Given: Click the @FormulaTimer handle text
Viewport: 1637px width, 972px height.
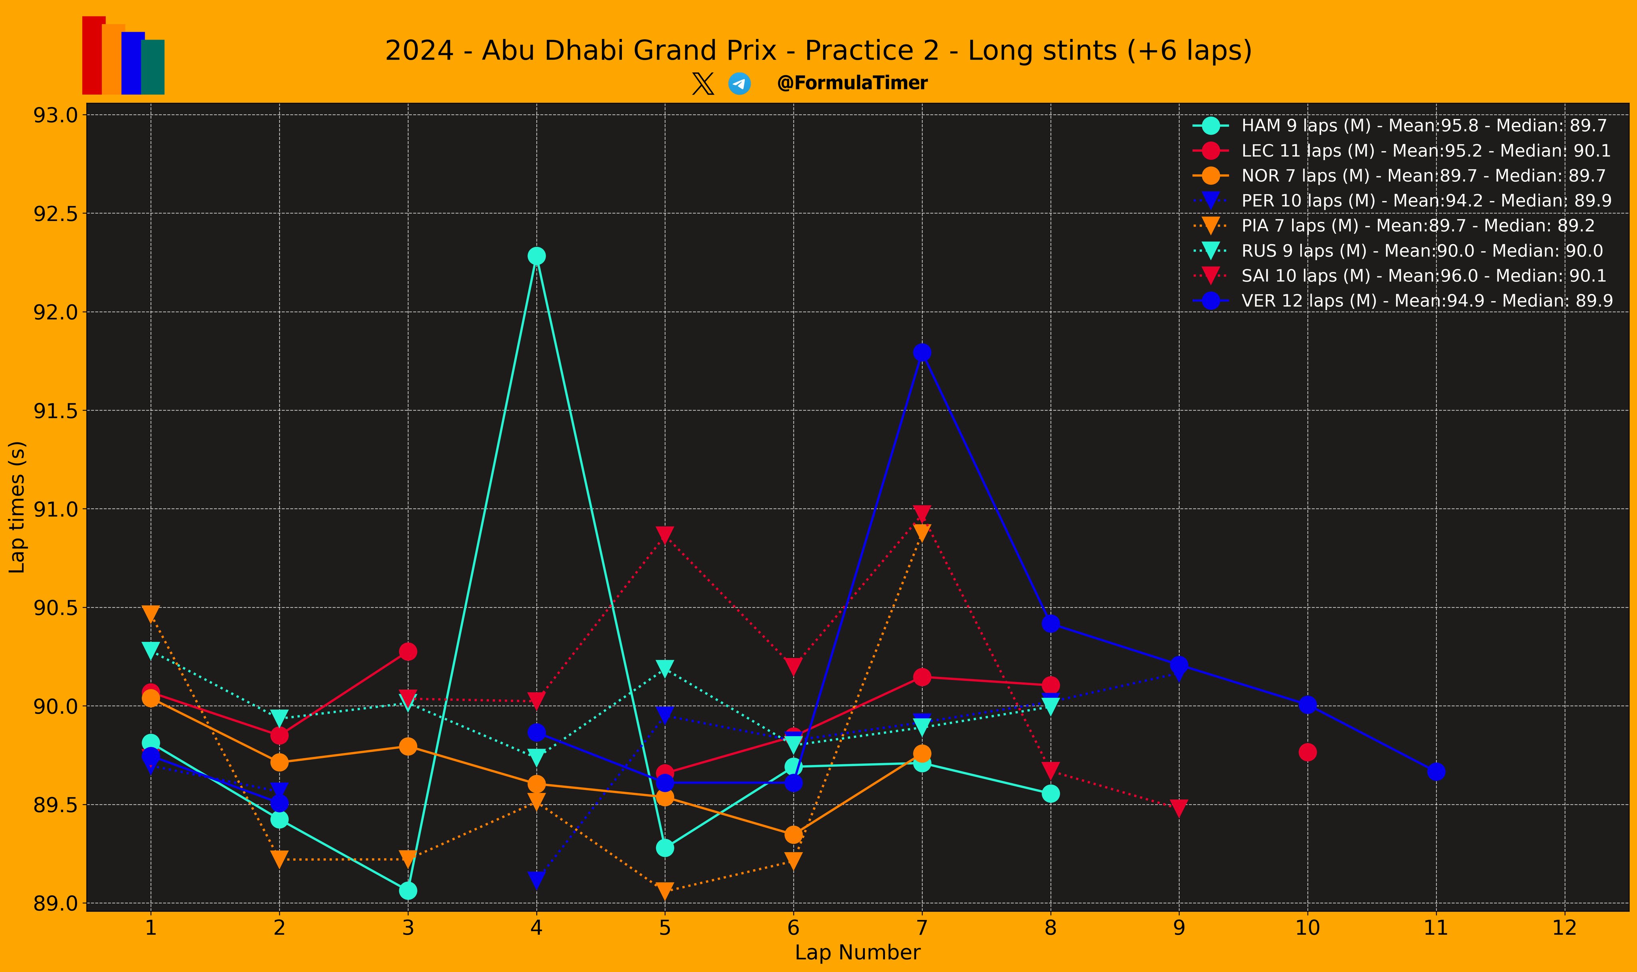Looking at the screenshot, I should pos(852,83).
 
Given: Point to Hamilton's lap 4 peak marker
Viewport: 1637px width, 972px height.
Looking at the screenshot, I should pos(536,255).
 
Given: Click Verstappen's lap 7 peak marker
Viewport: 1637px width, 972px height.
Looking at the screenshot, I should pos(922,353).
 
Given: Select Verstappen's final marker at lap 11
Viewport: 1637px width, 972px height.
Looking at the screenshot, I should pos(1436,772).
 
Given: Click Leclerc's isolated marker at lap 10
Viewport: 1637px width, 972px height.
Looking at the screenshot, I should pos(1308,752).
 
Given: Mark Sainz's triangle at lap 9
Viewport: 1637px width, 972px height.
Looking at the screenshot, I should pos(1179,808).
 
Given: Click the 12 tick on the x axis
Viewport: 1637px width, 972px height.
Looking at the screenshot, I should pos(1564,928).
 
